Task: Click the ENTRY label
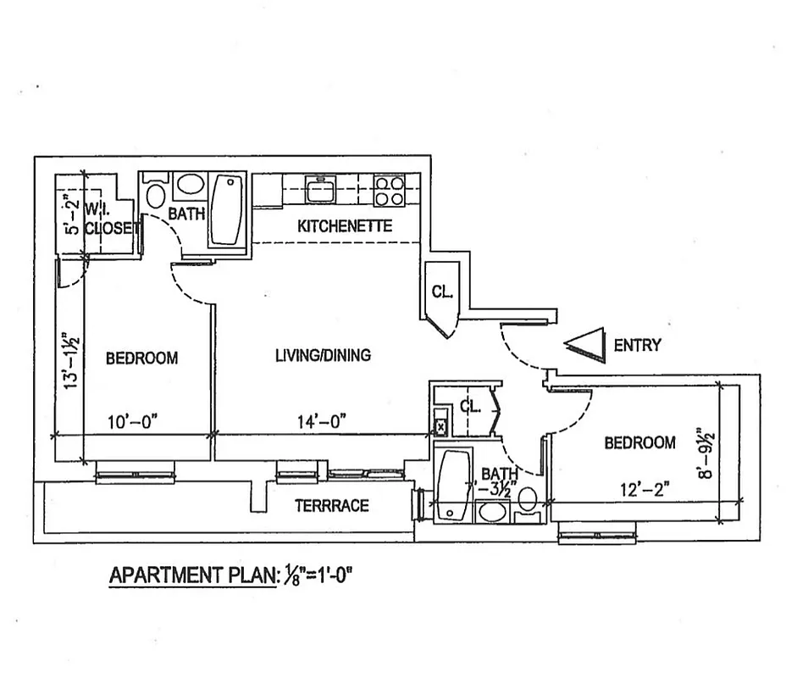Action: pyautogui.click(x=637, y=345)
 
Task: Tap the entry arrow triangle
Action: pyautogui.click(x=587, y=345)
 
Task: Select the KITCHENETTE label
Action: pyautogui.click(x=345, y=226)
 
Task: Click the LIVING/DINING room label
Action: pyautogui.click(x=323, y=355)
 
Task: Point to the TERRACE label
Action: pyautogui.click(x=331, y=506)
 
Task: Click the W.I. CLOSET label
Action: pyautogui.click(x=113, y=217)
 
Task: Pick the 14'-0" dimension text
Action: pyautogui.click(x=322, y=420)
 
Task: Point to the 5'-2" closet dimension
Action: pyautogui.click(x=72, y=214)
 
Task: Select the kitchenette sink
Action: pyautogui.click(x=321, y=188)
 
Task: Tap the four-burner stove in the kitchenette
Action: pyautogui.click(x=389, y=190)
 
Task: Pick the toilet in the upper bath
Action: pyautogui.click(x=156, y=194)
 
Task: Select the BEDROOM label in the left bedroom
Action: pyautogui.click(x=141, y=358)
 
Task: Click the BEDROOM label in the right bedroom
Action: pyautogui.click(x=639, y=442)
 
